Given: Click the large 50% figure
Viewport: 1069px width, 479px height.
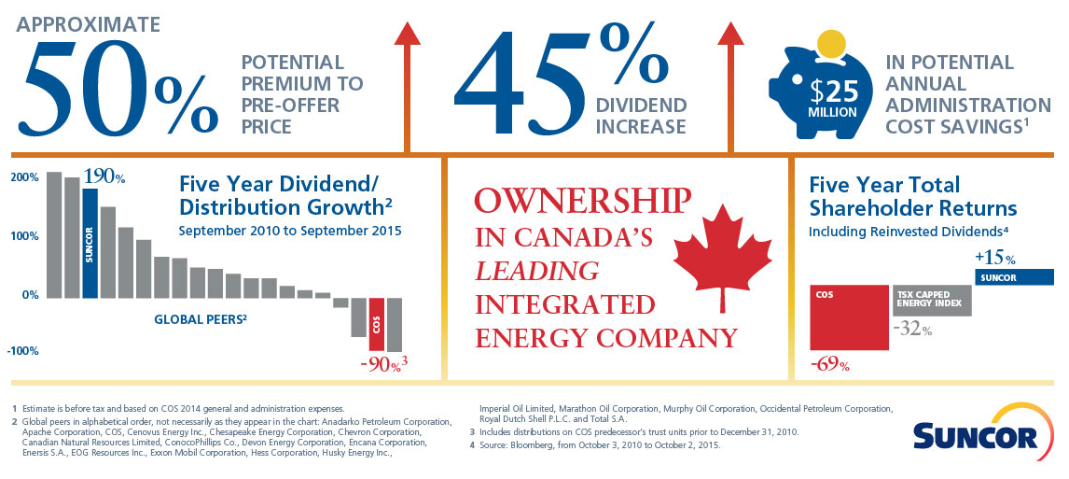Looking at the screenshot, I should [117, 89].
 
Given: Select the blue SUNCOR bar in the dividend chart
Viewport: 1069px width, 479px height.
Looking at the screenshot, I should [90, 243].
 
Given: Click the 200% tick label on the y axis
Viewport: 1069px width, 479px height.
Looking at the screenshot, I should [25, 177].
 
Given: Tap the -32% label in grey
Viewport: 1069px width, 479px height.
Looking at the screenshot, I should [912, 329].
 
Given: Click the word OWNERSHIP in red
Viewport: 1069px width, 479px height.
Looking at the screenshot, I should [583, 202].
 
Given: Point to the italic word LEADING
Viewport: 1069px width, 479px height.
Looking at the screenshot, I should [536, 272].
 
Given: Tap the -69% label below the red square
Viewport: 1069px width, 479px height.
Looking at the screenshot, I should [829, 364].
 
